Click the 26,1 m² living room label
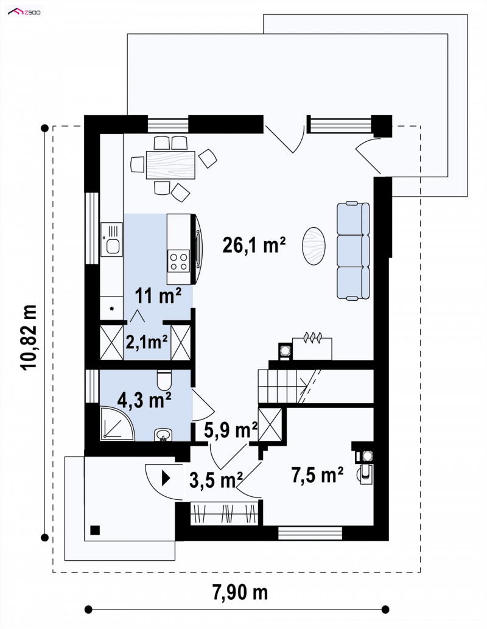point(254,245)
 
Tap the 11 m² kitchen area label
point(158,296)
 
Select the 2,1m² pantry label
point(147,342)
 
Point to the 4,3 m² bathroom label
point(144,400)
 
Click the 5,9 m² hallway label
point(231,430)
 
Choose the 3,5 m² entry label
point(216,480)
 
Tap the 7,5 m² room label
point(317,475)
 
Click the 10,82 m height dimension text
point(29,337)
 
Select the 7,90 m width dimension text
point(240,592)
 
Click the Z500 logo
point(24,12)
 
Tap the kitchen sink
point(111,239)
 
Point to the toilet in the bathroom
point(164,379)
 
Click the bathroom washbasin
point(163,435)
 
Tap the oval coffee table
point(314,246)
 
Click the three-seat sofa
point(353,251)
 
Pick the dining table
point(171,165)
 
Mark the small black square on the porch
point(95,530)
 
